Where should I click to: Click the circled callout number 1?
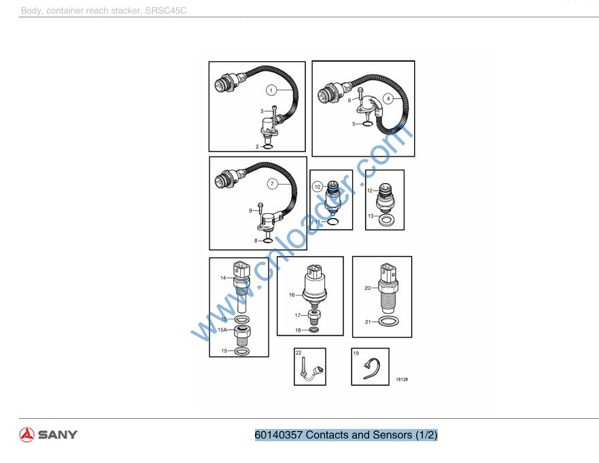(271, 91)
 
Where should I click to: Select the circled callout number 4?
(388, 99)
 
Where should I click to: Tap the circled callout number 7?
(272, 184)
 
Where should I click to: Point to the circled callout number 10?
(318, 187)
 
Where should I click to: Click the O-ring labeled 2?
(268, 146)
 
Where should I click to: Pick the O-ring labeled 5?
(366, 124)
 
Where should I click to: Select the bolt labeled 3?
(274, 112)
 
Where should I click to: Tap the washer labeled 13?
(386, 220)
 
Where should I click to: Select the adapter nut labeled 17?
(314, 317)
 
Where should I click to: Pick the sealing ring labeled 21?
(390, 321)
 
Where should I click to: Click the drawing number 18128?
(402, 379)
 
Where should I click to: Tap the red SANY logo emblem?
(27, 434)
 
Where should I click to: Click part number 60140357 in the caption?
(279, 435)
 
